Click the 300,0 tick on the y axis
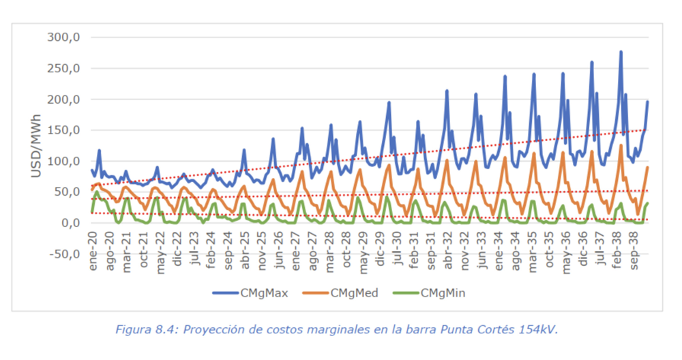(63, 37)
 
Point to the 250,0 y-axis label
(63, 68)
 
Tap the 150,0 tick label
(63, 130)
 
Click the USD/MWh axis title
(36, 146)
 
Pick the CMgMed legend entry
(352, 293)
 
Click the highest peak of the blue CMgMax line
(621, 52)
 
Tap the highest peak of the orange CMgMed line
(621, 145)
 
